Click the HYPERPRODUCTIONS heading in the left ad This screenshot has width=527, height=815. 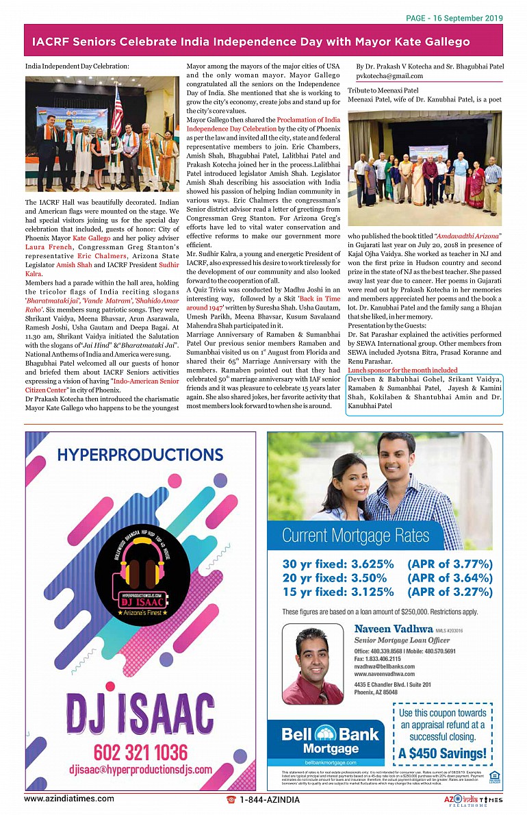click(130, 455)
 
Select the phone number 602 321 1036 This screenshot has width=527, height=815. click(140, 752)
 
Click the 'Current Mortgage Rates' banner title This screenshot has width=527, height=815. click(355, 535)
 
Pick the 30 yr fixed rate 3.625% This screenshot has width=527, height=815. click(338, 564)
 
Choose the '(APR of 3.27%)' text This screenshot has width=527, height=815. click(450, 592)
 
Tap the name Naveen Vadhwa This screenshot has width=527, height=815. click(394, 628)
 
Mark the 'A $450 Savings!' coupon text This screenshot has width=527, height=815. click(443, 754)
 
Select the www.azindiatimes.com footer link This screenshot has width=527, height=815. click(69, 799)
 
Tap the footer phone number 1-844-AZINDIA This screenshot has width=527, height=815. click(269, 799)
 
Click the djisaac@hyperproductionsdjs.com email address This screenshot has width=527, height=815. click(140, 770)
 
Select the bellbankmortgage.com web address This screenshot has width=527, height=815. click(331, 762)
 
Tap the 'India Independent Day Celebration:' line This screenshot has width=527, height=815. click(77, 66)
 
